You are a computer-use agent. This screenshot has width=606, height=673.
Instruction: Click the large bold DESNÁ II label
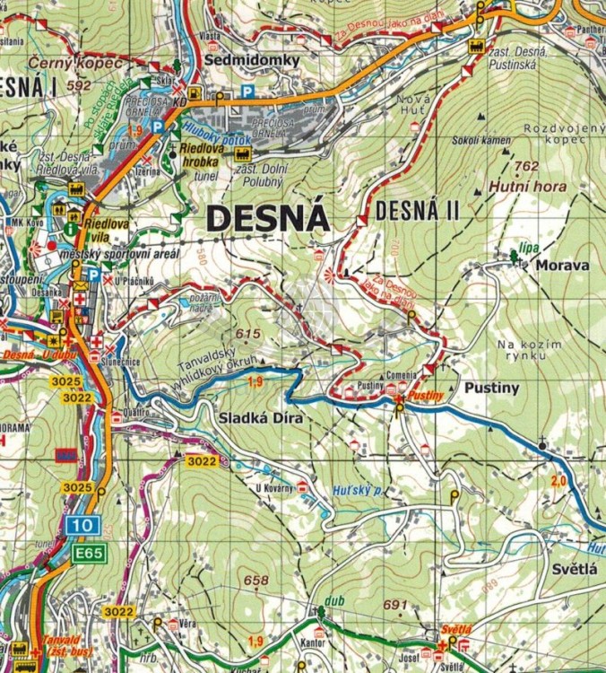[417, 213]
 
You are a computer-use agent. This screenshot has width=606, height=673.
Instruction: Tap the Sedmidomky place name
[238, 59]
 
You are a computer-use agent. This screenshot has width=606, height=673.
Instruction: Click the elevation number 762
[527, 166]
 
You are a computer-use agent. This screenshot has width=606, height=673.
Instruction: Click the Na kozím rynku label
[531, 350]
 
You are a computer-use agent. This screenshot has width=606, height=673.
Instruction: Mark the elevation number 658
[256, 581]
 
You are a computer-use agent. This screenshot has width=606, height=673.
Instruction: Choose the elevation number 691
[395, 604]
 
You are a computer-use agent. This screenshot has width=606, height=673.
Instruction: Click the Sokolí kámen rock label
[482, 140]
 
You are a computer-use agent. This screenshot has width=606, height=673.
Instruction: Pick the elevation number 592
[80, 85]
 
